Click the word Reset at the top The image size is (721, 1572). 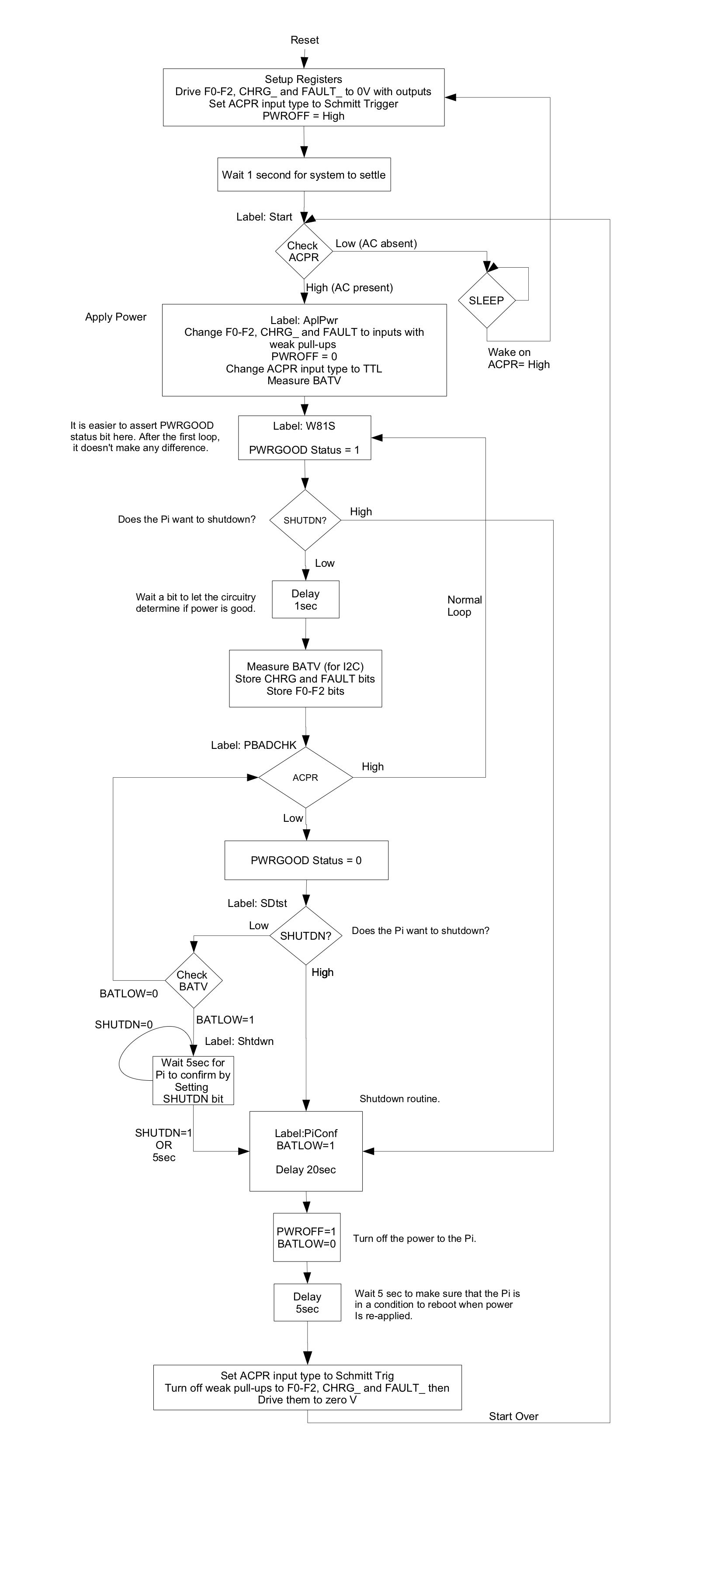(x=304, y=40)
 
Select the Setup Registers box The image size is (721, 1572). (x=303, y=98)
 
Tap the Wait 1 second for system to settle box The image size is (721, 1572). (x=304, y=175)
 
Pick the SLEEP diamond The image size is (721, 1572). (x=487, y=300)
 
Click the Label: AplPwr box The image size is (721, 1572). (x=304, y=350)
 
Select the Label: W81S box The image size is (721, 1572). (x=305, y=438)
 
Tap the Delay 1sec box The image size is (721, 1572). (x=305, y=600)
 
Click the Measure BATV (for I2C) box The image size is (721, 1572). (x=305, y=679)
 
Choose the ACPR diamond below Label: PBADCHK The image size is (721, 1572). (x=306, y=777)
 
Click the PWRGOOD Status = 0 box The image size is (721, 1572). (x=306, y=860)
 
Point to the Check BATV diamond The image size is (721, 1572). (x=194, y=981)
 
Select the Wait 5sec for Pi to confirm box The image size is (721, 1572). (x=193, y=1081)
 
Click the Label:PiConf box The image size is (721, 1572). (x=306, y=1151)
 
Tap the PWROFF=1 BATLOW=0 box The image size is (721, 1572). (x=306, y=1238)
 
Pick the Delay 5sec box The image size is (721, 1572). (x=307, y=1303)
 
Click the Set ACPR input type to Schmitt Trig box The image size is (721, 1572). (x=307, y=1387)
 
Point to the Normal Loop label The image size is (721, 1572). (x=464, y=606)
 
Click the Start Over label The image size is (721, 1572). (x=513, y=1417)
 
